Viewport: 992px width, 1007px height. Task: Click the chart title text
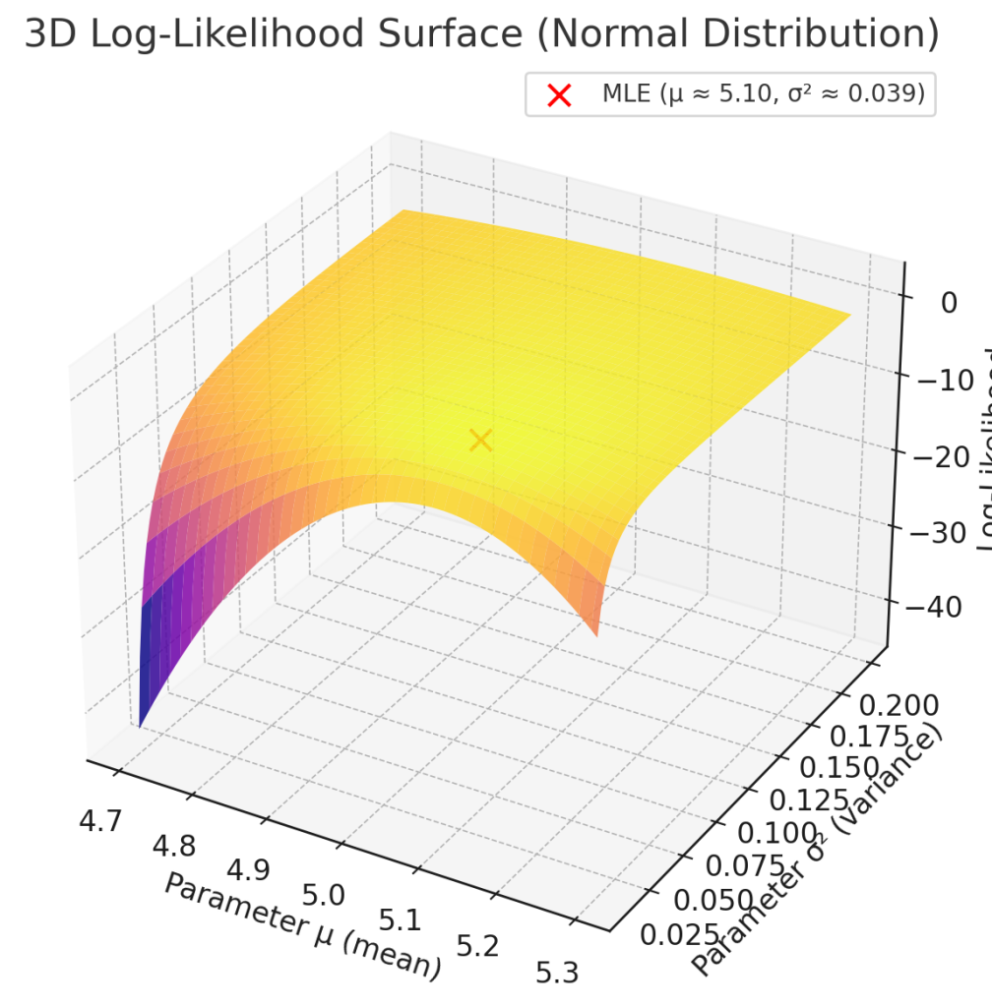pyautogui.click(x=481, y=35)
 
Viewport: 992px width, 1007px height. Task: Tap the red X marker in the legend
pyautogui.click(x=559, y=95)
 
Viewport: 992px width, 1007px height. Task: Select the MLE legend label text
pyautogui.click(x=763, y=95)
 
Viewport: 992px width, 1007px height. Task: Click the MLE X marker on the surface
pyautogui.click(x=480, y=440)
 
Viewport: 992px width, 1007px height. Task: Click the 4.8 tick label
pyautogui.click(x=174, y=846)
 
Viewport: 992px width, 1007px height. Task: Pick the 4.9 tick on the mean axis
pyautogui.click(x=248, y=870)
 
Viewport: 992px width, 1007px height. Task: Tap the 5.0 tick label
pyautogui.click(x=324, y=896)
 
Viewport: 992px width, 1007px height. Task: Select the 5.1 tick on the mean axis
pyautogui.click(x=401, y=921)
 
